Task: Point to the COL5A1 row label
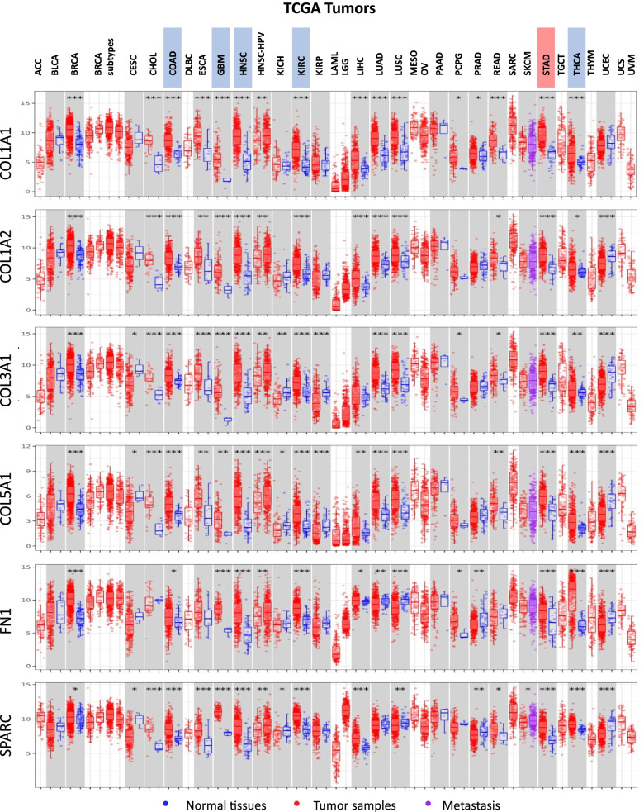tap(12, 498)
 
